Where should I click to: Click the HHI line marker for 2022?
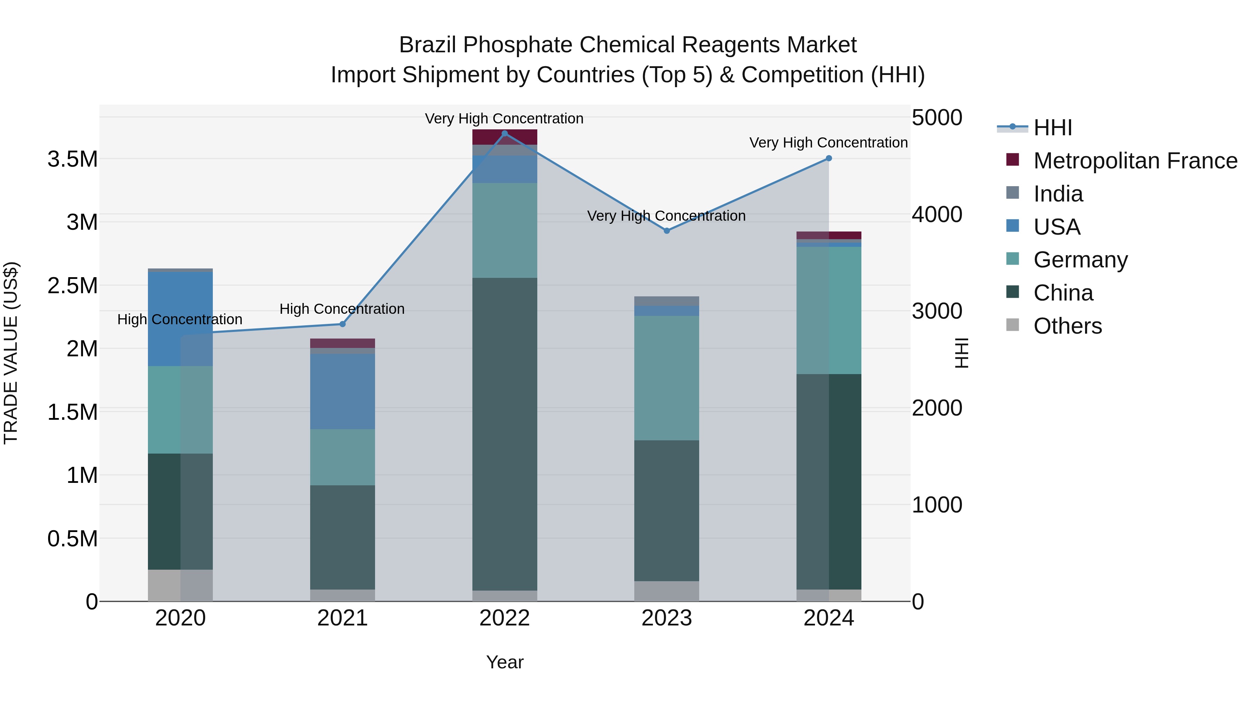(504, 134)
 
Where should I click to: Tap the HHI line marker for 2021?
(342, 324)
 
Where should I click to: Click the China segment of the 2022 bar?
(504, 434)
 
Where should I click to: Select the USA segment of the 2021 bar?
(342, 391)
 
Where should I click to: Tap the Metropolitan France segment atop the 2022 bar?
(504, 137)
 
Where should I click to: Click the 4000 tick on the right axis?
(937, 214)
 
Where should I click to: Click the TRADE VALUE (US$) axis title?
(11, 353)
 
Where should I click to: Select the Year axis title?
(504, 662)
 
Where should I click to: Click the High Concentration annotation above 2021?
(342, 309)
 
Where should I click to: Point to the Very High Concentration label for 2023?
(666, 216)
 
